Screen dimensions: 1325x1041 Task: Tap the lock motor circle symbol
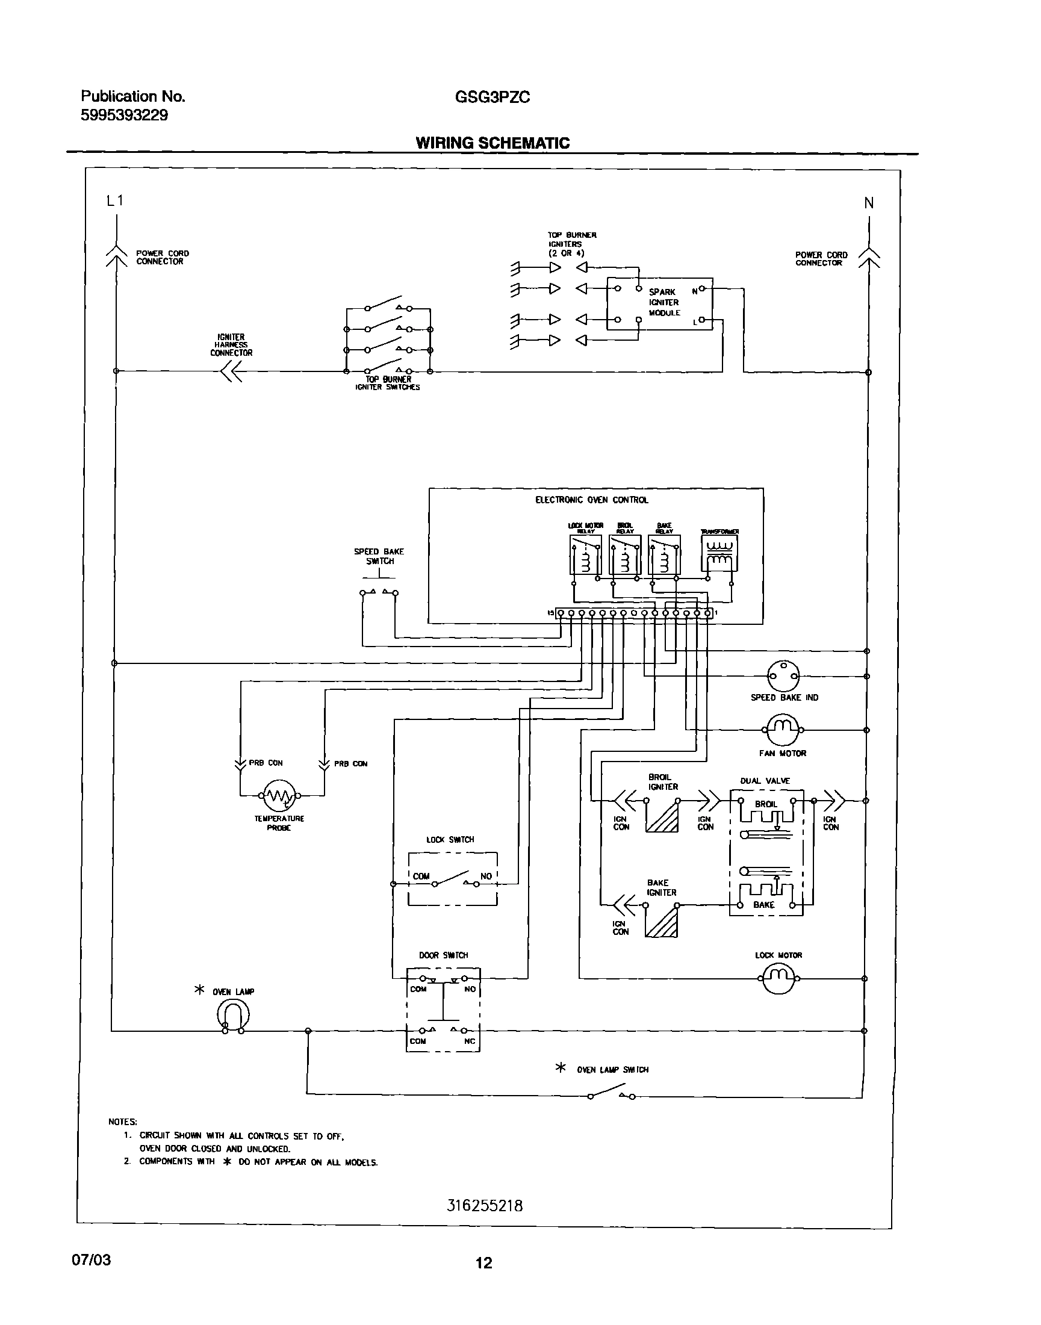[x=778, y=978]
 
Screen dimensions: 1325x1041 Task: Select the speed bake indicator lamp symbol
[x=783, y=676]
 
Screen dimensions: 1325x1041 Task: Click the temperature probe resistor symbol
[x=279, y=795]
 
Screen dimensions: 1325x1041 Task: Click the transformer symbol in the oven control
[x=719, y=554]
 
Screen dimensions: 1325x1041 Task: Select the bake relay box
[x=664, y=554]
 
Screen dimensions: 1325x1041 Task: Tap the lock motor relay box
[x=585, y=554]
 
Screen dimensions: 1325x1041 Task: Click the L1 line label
[x=114, y=200]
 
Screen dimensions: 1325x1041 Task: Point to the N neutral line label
[x=869, y=203]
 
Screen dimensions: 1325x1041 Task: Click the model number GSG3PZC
[x=493, y=97]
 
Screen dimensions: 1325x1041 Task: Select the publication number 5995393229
[x=125, y=115]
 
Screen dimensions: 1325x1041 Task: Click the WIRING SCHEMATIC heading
[x=493, y=143]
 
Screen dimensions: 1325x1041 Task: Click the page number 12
[x=483, y=1264]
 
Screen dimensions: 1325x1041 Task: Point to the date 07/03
[x=92, y=1261]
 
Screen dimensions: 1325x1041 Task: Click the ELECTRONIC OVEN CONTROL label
[x=591, y=500]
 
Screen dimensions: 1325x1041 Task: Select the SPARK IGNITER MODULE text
[x=663, y=302]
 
